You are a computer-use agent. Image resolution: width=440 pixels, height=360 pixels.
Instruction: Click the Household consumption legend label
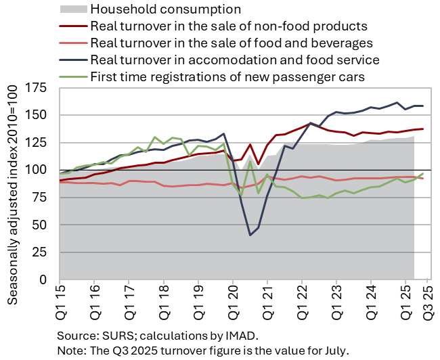165,9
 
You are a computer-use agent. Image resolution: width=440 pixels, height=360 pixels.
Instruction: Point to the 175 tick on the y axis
42,87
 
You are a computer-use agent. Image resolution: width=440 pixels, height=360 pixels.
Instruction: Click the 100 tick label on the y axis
42,169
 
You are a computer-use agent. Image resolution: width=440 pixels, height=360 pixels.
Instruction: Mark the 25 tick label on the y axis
45,252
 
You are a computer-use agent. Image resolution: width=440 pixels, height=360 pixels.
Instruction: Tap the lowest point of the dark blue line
250,235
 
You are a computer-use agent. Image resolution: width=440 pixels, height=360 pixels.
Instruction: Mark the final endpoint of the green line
423,174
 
